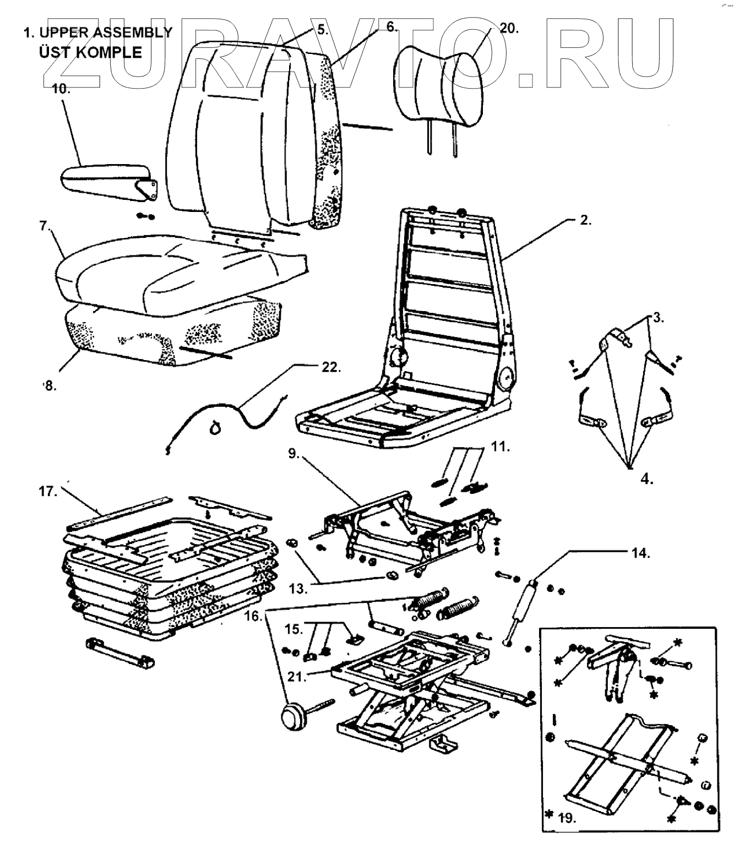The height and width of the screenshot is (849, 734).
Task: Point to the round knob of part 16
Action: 293,717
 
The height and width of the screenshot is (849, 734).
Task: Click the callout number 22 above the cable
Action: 330,367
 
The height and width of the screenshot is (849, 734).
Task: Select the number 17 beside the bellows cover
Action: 48,492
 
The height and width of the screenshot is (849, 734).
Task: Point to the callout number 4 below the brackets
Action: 647,479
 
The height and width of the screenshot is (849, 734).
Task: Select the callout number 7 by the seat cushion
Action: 44,226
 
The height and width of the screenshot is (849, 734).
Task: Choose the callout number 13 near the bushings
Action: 299,589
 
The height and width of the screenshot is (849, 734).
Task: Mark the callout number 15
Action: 293,628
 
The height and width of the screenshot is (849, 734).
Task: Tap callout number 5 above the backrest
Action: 322,29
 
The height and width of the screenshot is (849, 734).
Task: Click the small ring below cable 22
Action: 215,426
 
